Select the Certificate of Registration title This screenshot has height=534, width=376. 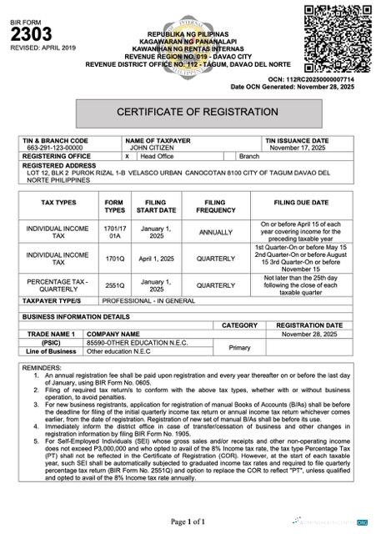[x=197, y=111]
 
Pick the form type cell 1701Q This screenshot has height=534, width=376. [x=113, y=259]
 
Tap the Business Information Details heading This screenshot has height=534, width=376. [x=76, y=317]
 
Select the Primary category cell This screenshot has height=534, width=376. [x=239, y=347]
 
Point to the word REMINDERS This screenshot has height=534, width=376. [x=42, y=367]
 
